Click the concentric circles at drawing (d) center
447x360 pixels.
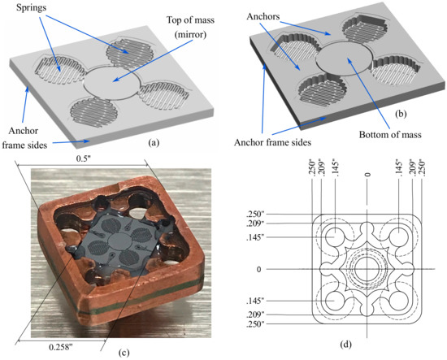pyautogui.click(x=367, y=269)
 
